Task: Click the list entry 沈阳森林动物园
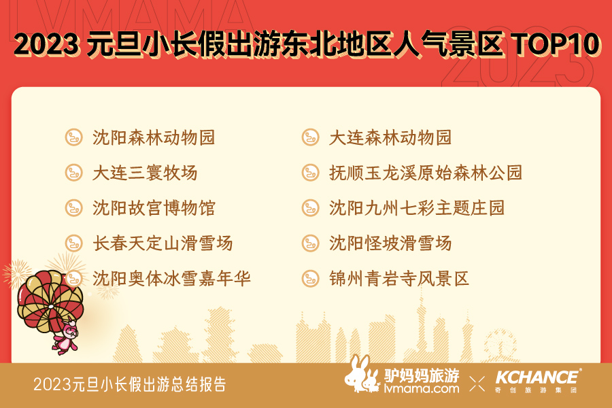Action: (x=154, y=138)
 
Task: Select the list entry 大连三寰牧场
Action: (x=145, y=173)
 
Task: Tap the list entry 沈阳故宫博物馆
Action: (x=154, y=208)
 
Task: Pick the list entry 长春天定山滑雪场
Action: (x=163, y=243)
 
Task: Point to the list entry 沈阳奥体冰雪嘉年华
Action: (x=172, y=278)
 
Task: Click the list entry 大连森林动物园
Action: (x=390, y=138)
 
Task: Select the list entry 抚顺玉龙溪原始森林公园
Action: (x=426, y=173)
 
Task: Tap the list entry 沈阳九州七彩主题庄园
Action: (x=417, y=208)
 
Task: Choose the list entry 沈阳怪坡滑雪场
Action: (x=390, y=243)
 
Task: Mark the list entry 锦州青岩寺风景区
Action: (x=399, y=278)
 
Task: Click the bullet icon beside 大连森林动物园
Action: (x=311, y=137)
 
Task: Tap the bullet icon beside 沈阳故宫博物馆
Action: (x=73, y=207)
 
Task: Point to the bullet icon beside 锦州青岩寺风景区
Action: (x=311, y=278)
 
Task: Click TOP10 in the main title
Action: (x=556, y=44)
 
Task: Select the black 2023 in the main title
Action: (x=46, y=44)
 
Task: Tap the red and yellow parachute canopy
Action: (x=50, y=301)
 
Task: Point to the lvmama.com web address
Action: (x=422, y=389)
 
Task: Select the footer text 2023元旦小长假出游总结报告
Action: (x=130, y=385)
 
